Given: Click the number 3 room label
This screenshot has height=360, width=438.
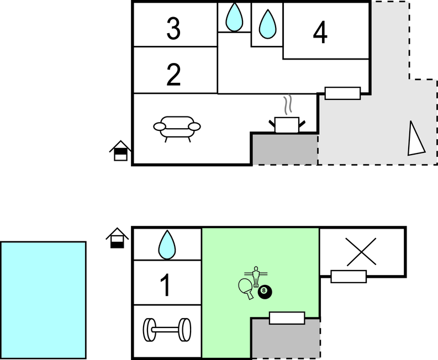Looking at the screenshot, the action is (173, 29).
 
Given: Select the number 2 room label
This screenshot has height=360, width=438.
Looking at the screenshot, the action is (173, 75).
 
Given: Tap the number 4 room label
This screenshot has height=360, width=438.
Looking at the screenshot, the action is (320, 33).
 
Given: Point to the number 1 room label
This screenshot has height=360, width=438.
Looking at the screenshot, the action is (166, 285).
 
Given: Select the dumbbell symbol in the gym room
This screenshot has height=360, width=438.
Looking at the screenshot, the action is (167, 330).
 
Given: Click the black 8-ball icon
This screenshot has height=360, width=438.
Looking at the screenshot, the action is (265, 292).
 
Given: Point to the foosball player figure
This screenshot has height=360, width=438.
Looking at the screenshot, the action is (256, 276).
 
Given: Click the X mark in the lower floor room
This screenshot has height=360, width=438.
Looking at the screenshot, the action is (361, 252).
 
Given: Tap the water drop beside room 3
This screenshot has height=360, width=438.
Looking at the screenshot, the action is (234, 17).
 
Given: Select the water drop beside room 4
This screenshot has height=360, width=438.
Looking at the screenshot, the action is (267, 24).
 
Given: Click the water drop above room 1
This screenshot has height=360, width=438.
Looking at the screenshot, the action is (167, 245).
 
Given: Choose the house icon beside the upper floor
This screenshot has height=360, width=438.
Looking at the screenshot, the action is (120, 151).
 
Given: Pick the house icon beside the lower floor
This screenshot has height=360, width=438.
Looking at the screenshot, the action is (117, 238).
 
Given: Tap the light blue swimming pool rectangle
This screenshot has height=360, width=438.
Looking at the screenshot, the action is (43, 300).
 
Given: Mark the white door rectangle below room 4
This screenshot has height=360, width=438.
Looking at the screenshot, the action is (342, 93).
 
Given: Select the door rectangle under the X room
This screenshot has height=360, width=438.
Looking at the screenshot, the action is (349, 277).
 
